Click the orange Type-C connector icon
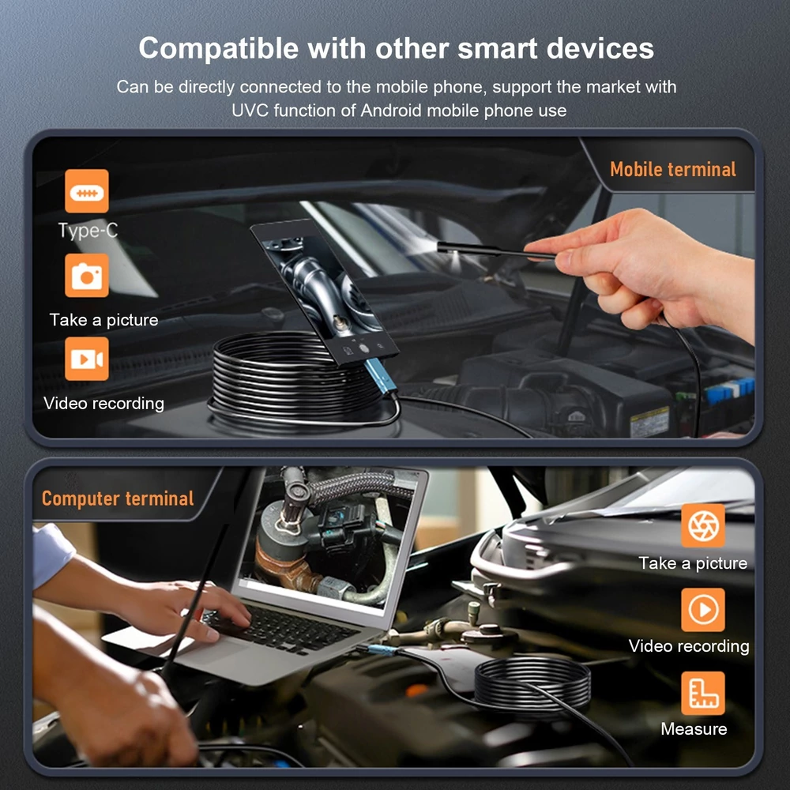(x=87, y=191)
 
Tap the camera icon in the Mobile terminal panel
(x=87, y=275)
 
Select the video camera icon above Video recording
(x=87, y=359)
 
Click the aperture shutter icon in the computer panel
(x=703, y=525)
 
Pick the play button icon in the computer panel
(x=703, y=610)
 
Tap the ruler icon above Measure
(x=703, y=694)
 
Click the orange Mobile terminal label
(x=673, y=169)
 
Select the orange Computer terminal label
(x=118, y=498)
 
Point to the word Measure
(x=694, y=728)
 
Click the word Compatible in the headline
(x=219, y=49)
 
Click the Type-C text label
(x=88, y=231)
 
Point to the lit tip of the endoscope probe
(x=439, y=246)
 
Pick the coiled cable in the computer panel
(x=532, y=683)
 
